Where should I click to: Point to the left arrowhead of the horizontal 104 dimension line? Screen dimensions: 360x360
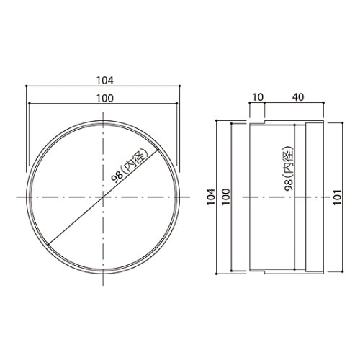(x=27, y=86)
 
